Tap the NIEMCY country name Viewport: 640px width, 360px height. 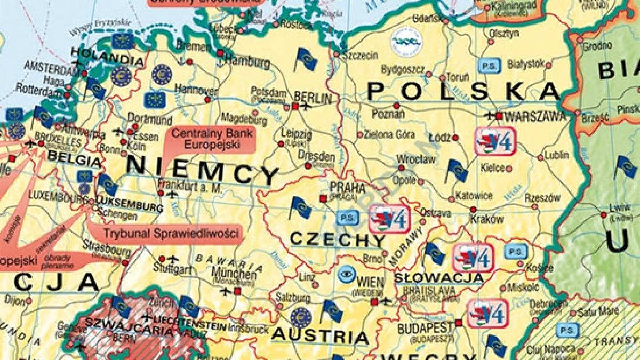pos(203,170)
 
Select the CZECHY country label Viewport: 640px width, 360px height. pos(337,239)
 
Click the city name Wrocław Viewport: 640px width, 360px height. pos(416,159)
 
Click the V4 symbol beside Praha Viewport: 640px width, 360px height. pos(389,218)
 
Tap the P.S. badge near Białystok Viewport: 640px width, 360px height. pos(489,65)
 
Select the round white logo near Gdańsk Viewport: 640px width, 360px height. pos(406,39)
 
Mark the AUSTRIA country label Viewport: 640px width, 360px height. pos(319,337)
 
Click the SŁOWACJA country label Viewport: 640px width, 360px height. pos(438,278)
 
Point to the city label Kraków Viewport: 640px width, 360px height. pos(487,219)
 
